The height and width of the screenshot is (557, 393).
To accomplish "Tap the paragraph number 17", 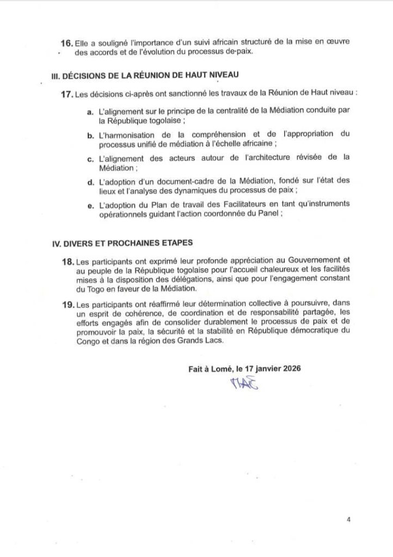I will pyautogui.click(x=67, y=95).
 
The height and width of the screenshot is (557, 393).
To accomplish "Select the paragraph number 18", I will pyautogui.click(x=69, y=262).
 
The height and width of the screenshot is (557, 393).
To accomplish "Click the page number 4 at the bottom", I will pyautogui.click(x=348, y=520).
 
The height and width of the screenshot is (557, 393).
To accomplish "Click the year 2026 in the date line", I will pyautogui.click(x=290, y=368).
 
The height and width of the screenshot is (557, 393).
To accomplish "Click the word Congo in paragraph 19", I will pyautogui.click(x=88, y=341).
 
